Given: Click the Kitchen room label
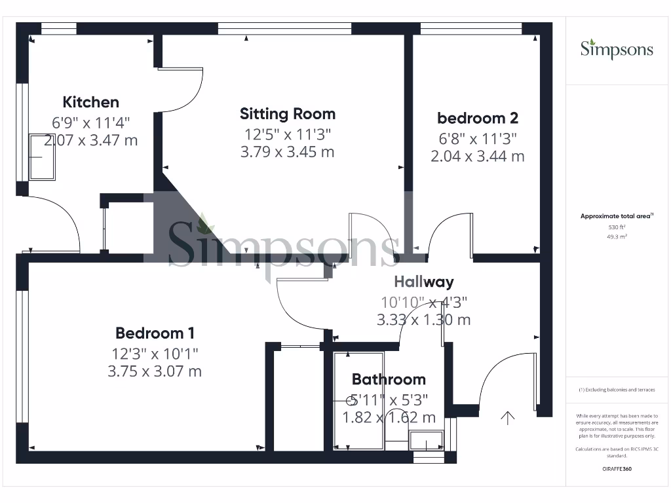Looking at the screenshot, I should point(91,102).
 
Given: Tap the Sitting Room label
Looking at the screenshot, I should point(287,114).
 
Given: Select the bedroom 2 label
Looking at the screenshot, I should point(478,118).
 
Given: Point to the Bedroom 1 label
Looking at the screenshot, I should point(155,333).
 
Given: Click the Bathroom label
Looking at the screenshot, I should point(389,379).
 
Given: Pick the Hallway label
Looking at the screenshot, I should point(423,282).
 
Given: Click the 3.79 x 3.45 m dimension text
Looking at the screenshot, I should point(287,152).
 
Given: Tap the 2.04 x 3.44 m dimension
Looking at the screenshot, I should point(478,156).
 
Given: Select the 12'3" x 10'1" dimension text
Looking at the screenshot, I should point(155,354).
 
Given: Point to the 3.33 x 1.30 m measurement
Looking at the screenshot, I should point(423,320).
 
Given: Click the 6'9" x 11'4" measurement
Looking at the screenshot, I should point(91,122).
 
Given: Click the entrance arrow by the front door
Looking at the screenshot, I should point(508,417).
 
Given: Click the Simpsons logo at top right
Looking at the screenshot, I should point(617,50).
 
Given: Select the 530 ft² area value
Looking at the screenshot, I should point(617,227).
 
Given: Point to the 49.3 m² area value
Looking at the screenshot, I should point(617,236).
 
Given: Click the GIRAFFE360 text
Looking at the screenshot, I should point(617,469).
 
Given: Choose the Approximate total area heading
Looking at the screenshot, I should point(617,215).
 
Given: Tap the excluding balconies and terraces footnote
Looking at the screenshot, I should point(617,390).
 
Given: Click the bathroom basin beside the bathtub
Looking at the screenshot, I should point(428,443).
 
